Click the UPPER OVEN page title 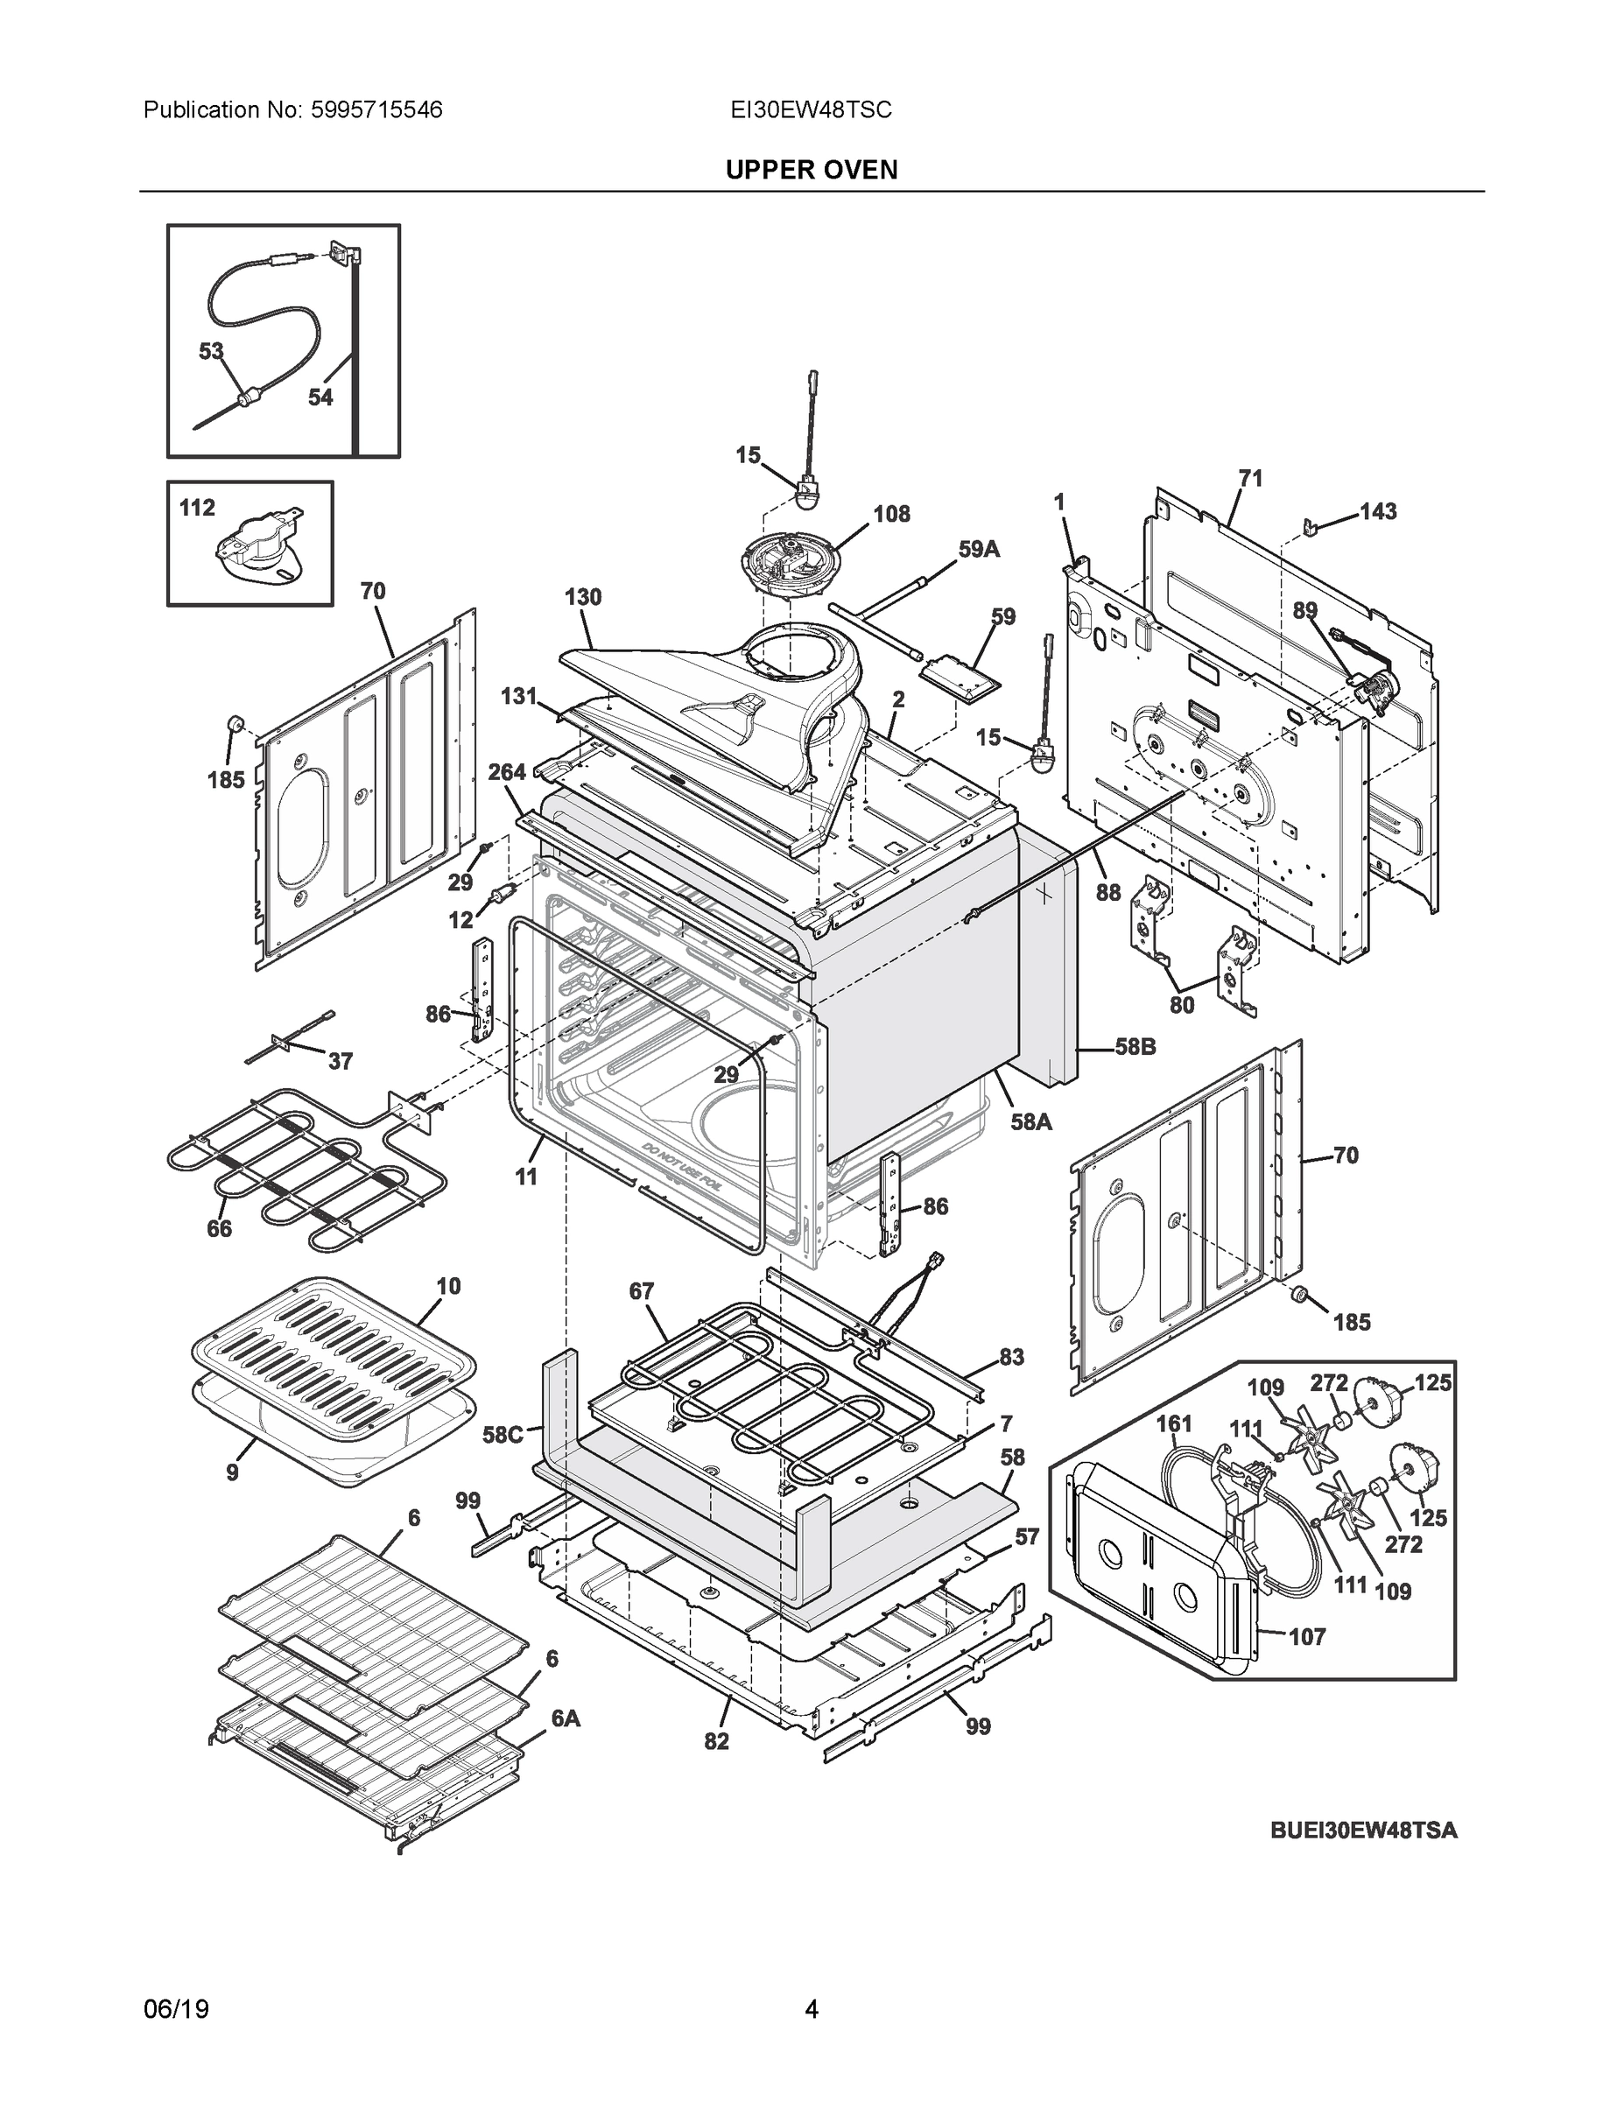[811, 171]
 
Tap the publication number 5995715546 [376, 109]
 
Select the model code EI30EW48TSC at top [810, 109]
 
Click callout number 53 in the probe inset [211, 351]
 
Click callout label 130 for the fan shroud [582, 596]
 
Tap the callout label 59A [979, 549]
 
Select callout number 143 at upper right [1378, 511]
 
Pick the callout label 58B [1135, 1047]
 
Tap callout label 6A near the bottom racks [566, 1718]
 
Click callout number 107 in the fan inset [1306, 1636]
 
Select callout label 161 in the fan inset [1174, 1423]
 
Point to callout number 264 [507, 771]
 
